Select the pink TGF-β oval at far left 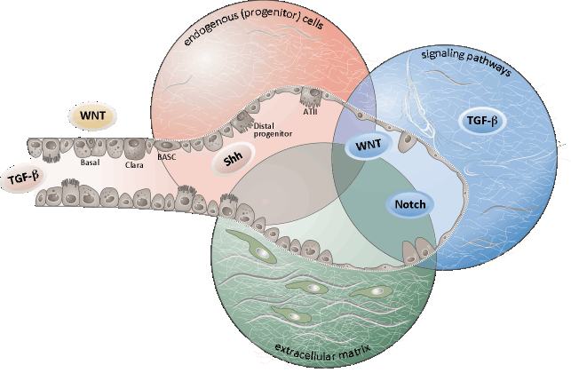pos(24,178)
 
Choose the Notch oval pos(408,204)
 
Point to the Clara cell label pos(132,165)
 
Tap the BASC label pos(167,157)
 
